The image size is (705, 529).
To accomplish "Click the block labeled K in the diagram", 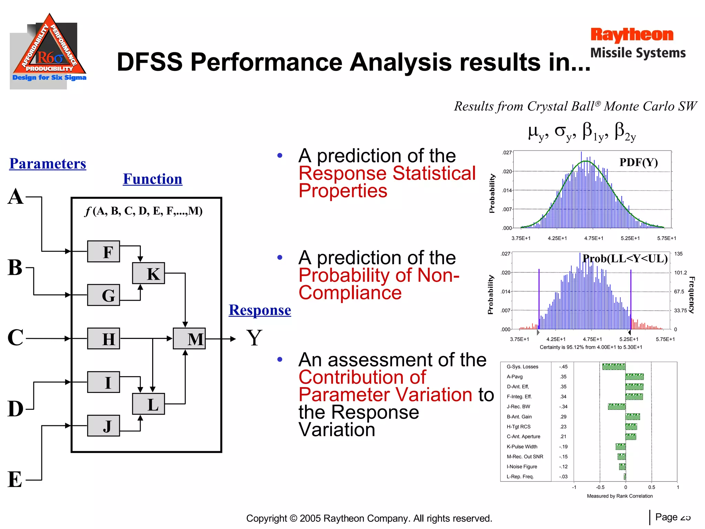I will tap(148, 273).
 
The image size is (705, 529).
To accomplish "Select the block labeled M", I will tap(189, 339).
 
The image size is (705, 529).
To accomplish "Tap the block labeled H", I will tap(104, 339).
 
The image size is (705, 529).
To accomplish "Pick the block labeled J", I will tap(104, 426).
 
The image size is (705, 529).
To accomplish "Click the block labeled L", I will tap(148, 404).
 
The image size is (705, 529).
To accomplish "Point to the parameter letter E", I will tap(15, 479).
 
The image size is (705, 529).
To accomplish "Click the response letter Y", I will tap(254, 338).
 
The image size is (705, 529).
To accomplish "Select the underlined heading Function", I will tap(152, 179).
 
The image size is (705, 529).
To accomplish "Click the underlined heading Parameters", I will tap(48, 164).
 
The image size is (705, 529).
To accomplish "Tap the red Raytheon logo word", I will tap(632, 35).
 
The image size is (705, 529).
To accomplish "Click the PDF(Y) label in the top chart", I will tap(638, 162).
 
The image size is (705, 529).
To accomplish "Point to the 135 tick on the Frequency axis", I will tap(678, 254).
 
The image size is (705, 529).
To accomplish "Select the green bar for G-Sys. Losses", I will tap(613, 367).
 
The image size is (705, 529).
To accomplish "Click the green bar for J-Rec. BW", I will tap(617, 407).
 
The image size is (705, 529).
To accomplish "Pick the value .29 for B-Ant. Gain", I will tap(563, 417).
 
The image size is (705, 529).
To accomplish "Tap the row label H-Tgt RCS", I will tap(518, 427).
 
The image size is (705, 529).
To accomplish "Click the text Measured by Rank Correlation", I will tap(619, 496).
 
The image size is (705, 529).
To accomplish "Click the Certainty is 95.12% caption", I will tap(591, 347).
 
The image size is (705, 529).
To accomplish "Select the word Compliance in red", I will tap(350, 293).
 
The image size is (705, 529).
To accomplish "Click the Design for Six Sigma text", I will tap(49, 77).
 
